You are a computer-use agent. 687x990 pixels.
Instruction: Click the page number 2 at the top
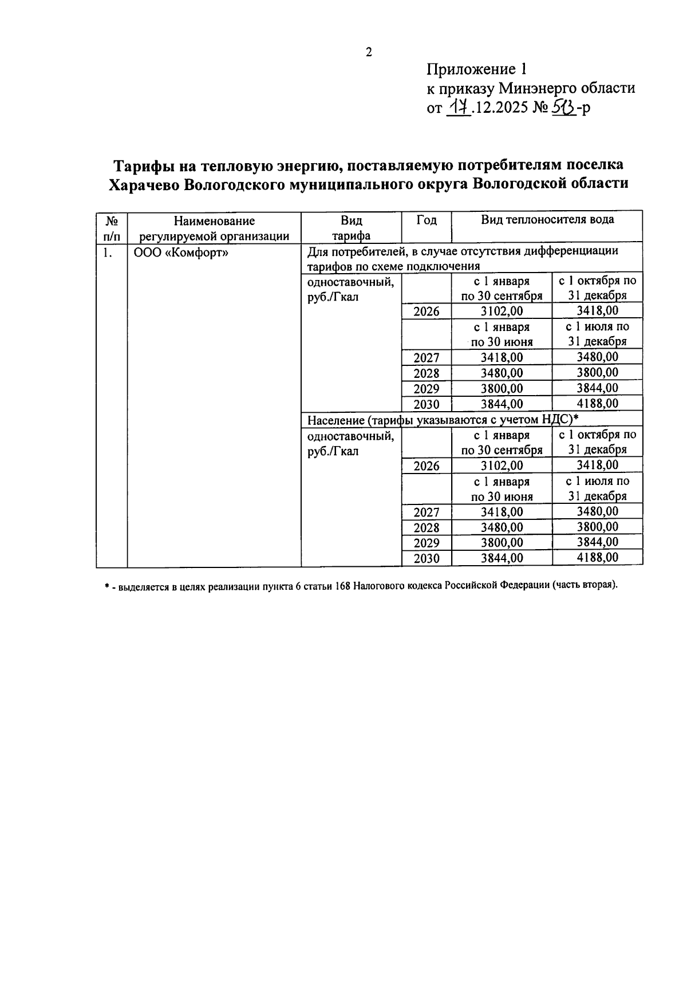point(369,53)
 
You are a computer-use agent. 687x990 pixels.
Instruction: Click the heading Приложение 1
point(476,70)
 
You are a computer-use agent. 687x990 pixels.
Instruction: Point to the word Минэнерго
point(535,89)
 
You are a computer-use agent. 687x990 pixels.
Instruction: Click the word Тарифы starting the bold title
point(147,165)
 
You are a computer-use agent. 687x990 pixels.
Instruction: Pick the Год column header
point(426,220)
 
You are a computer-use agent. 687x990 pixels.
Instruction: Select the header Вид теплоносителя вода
point(547,220)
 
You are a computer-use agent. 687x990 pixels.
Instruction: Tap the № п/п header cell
point(112,228)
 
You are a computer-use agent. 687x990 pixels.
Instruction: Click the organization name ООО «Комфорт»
point(181,253)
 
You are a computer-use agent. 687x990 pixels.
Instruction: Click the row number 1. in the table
point(108,253)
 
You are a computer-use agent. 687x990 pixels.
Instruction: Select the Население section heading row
point(442,420)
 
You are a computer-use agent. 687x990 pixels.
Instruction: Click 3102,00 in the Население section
point(502,466)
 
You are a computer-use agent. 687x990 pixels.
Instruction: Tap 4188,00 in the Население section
point(597,558)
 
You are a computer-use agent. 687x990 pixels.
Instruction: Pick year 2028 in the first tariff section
point(427,373)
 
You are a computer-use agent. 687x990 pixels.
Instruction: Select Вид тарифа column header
point(352,228)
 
